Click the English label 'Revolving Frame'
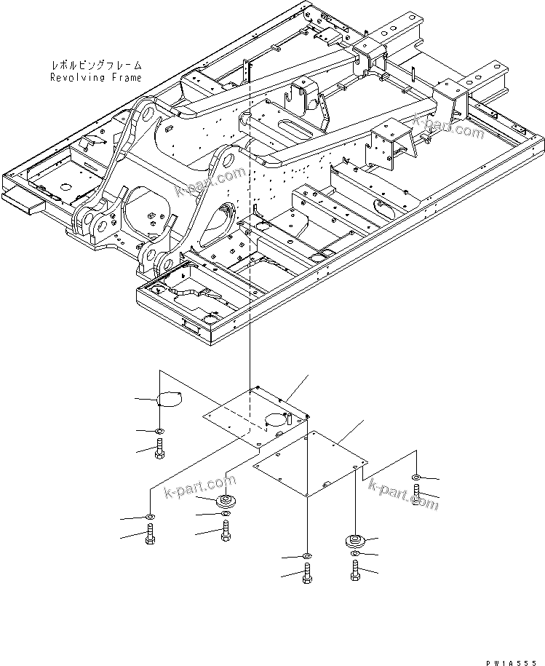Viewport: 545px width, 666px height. coord(96,76)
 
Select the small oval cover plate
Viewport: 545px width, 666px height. coord(168,398)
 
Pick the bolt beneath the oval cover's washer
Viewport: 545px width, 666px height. coord(159,451)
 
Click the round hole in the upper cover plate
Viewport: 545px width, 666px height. coord(274,420)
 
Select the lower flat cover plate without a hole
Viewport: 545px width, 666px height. coord(309,465)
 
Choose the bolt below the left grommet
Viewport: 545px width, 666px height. coord(226,533)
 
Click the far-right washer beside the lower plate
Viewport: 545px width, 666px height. coord(415,477)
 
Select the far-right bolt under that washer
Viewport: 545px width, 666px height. coord(415,497)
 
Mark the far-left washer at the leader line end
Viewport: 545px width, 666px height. coord(148,517)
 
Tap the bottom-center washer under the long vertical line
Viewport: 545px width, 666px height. coord(306,556)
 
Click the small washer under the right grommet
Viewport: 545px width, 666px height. coord(354,555)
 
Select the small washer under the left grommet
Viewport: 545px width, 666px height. coord(226,515)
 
